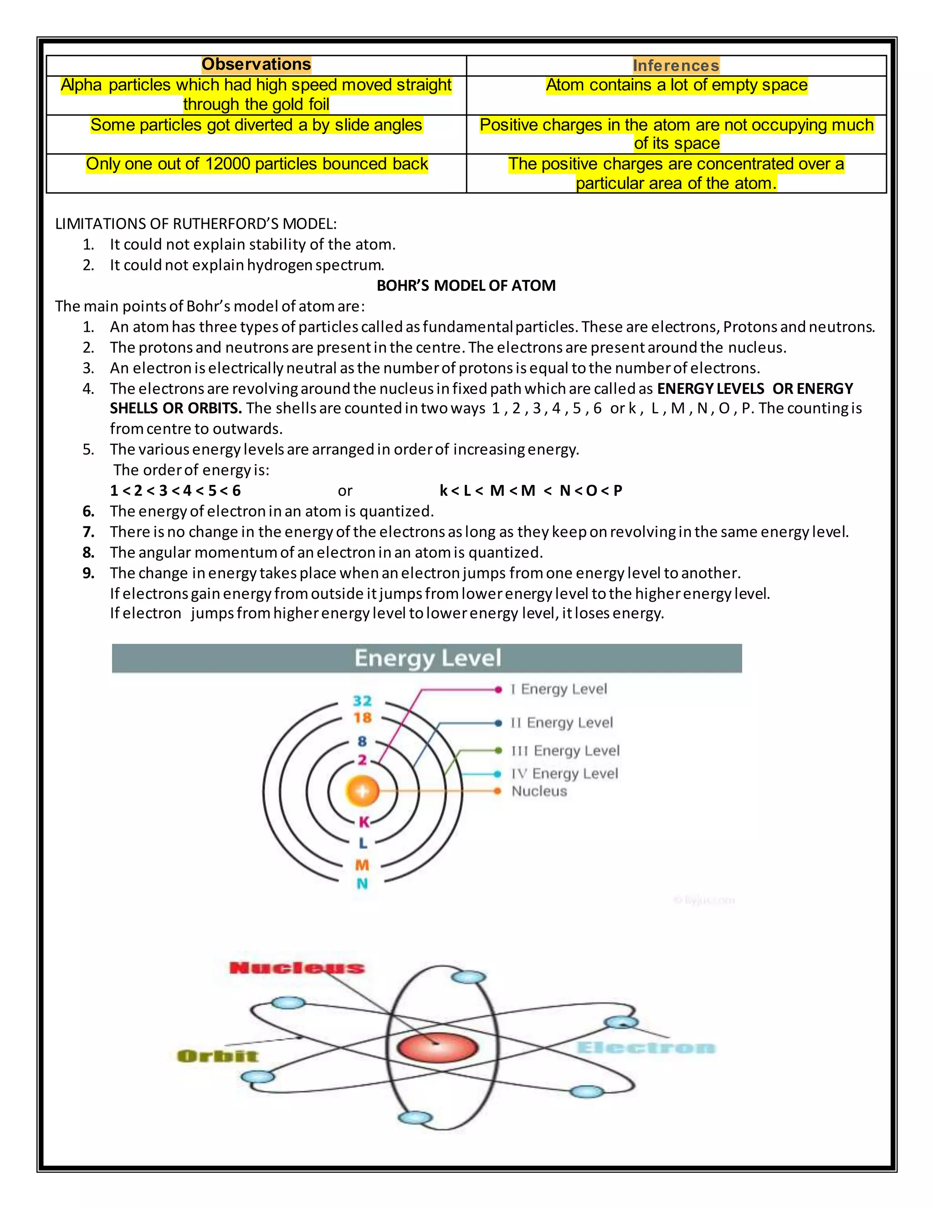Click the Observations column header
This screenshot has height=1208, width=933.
point(256,65)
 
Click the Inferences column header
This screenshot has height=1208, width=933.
point(676,66)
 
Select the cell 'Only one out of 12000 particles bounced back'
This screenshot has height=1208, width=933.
point(256,164)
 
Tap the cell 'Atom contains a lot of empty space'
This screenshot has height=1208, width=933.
point(676,85)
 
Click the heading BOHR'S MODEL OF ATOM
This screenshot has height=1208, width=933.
point(466,285)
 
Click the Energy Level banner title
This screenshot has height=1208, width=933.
point(427,658)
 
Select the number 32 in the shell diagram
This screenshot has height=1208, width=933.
point(362,701)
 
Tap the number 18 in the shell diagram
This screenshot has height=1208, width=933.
point(362,718)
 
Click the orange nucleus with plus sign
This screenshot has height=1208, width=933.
point(362,791)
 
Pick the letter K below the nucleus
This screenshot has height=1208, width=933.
point(363,822)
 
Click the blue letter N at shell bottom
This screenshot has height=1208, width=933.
point(362,884)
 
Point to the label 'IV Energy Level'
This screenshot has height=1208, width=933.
point(564,774)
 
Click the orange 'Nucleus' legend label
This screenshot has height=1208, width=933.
point(539,791)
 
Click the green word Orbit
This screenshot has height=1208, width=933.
point(217,1057)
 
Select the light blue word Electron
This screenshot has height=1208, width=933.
point(646,1048)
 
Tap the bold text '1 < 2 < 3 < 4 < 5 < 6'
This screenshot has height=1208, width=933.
point(175,490)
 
